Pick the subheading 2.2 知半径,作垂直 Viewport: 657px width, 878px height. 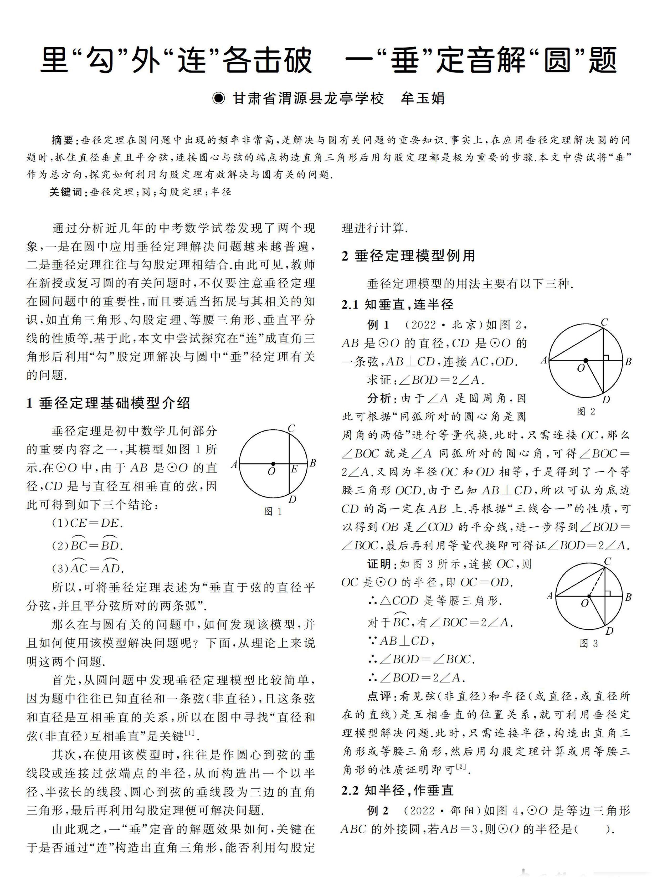[397, 790]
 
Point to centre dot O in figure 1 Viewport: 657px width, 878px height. [273, 464]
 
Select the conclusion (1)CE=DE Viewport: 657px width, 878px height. [87, 523]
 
